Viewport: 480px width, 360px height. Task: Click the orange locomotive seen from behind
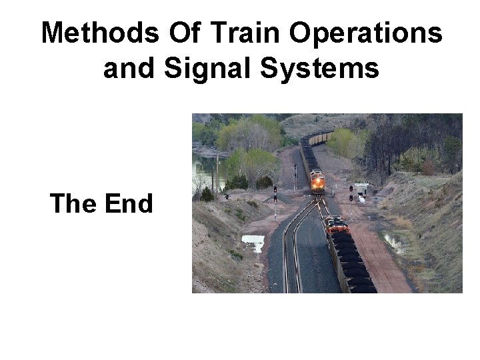coord(337,225)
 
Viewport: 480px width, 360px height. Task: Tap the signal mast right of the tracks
coord(351,193)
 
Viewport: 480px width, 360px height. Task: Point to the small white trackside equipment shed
coord(361,189)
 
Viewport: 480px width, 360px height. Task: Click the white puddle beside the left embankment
coord(253,241)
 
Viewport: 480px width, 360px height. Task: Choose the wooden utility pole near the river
coord(216,175)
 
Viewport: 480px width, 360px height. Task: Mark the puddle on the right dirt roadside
coord(393,243)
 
